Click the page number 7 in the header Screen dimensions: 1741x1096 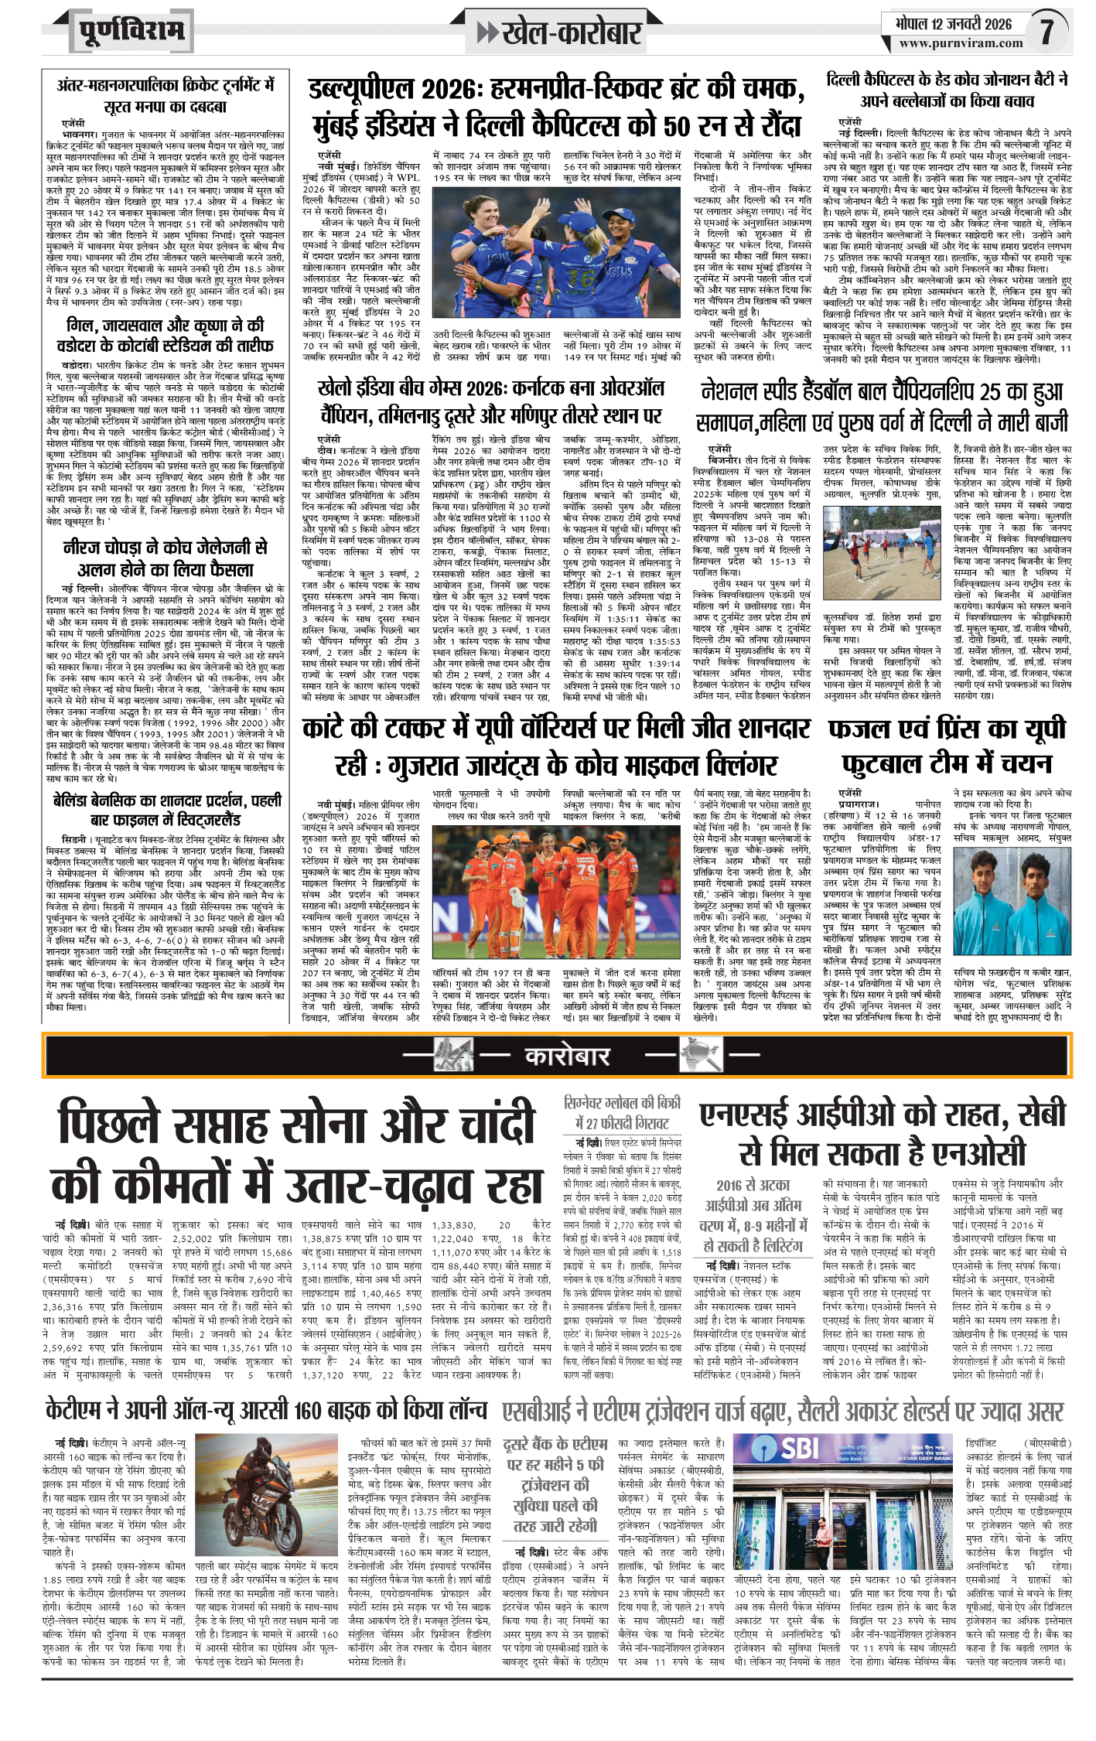[1046, 30]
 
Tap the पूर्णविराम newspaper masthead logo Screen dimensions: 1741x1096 [132, 32]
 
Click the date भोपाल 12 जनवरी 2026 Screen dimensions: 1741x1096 [953, 23]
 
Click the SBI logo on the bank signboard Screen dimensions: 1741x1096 [798, 1447]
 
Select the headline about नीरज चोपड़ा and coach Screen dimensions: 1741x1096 [166, 558]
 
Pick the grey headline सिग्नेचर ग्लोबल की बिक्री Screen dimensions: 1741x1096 [623, 1112]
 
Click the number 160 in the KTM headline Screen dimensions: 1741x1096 [313, 1408]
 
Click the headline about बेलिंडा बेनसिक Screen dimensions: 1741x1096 [166, 809]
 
